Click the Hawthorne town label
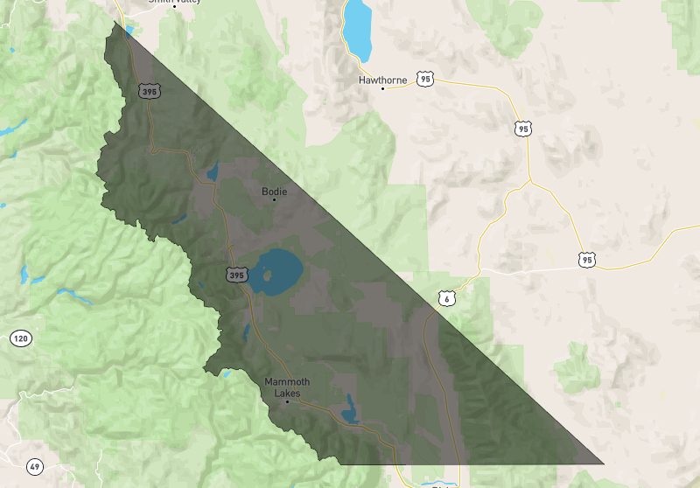click(382, 80)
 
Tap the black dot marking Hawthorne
click(382, 89)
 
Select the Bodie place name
click(274, 191)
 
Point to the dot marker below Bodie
click(274, 199)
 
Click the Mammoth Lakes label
click(287, 387)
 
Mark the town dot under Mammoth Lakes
click(287, 401)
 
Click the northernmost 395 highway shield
click(149, 90)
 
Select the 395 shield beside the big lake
click(236, 275)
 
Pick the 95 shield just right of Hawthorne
click(425, 79)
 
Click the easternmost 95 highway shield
click(586, 260)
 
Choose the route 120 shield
click(20, 338)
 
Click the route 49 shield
click(35, 466)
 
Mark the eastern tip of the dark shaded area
click(603, 463)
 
